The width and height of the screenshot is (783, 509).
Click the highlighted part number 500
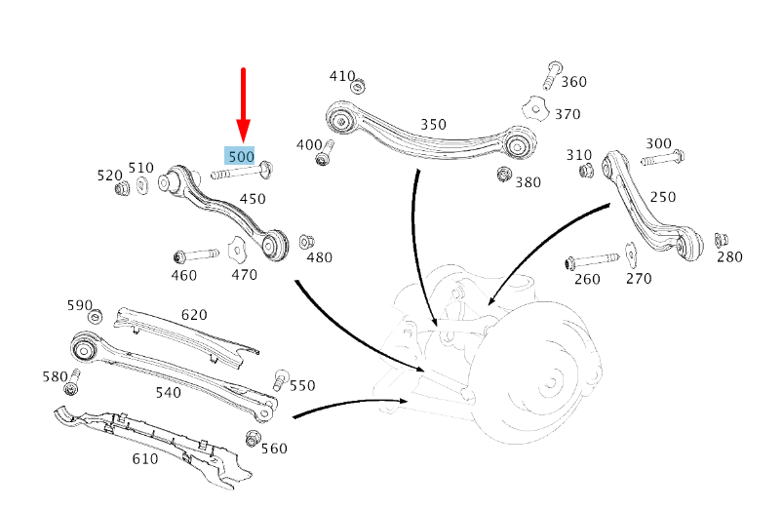[x=241, y=156]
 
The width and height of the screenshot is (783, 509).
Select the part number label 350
[x=433, y=125]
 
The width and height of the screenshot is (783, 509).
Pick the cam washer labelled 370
[x=530, y=107]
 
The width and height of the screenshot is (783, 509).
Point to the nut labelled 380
[x=504, y=175]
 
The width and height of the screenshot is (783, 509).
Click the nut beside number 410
[x=357, y=85]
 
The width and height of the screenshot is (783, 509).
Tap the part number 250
[x=662, y=197]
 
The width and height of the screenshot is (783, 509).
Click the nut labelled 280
[x=722, y=240]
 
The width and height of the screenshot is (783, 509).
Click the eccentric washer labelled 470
[x=237, y=250]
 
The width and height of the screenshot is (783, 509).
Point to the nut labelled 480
[x=306, y=241]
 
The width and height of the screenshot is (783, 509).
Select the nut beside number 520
[x=124, y=188]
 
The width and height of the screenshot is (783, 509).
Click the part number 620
[x=194, y=315]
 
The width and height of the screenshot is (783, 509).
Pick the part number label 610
[x=144, y=458]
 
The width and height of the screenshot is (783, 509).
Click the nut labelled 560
[x=253, y=439]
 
